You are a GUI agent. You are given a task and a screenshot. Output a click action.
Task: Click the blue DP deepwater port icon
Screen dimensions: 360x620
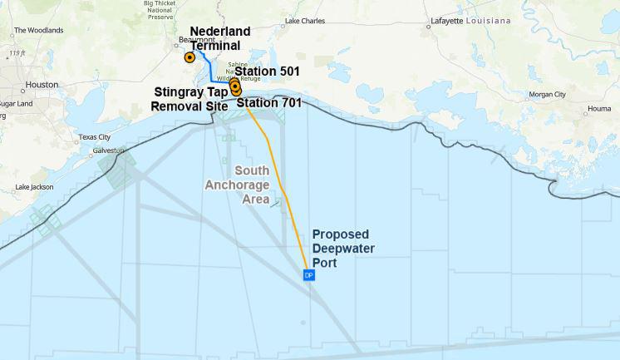click(308, 275)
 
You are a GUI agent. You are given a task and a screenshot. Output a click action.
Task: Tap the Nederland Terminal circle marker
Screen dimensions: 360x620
click(189, 58)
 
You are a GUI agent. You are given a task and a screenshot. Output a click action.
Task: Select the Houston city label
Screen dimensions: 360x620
click(42, 85)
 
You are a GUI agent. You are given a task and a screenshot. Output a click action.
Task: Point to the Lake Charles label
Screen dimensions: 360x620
click(305, 21)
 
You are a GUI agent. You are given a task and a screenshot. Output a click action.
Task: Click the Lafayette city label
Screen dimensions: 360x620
click(447, 21)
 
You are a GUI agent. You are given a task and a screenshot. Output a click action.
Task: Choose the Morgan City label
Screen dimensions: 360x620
click(548, 95)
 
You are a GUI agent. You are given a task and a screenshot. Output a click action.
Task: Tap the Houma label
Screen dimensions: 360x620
click(598, 109)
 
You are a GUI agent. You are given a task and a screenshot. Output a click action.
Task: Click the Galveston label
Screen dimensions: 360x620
click(108, 150)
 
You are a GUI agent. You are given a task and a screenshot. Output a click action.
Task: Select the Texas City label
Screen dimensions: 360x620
click(94, 137)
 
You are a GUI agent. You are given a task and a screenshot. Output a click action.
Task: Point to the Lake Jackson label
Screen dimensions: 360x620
click(34, 187)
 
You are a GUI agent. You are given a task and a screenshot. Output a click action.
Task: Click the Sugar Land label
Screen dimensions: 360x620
click(15, 104)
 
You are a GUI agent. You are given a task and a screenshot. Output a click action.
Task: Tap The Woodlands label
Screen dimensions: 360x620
click(39, 31)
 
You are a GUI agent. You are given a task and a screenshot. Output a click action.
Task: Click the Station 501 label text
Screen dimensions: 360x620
click(267, 72)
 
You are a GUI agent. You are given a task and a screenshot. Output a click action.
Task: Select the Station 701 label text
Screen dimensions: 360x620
click(269, 103)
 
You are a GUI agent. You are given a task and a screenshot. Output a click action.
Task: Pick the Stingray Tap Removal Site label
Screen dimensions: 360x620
click(189, 99)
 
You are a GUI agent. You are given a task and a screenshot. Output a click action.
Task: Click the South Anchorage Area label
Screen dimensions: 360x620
click(238, 185)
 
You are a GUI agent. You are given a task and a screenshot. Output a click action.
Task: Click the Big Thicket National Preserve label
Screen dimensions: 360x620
click(159, 10)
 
